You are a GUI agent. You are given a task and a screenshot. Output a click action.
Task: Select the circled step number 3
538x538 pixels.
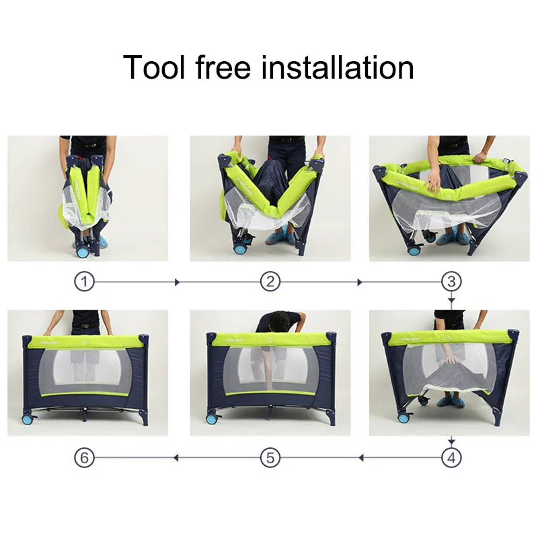[451, 282]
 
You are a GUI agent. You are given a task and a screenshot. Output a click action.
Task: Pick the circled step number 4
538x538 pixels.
[451, 459]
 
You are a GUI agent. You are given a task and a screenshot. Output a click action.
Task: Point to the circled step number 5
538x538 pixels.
[270, 459]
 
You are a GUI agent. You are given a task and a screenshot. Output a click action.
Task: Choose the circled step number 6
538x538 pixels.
[84, 459]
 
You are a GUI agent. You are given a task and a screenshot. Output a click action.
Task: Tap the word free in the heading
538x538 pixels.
[223, 68]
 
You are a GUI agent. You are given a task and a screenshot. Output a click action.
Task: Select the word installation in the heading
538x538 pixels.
[339, 68]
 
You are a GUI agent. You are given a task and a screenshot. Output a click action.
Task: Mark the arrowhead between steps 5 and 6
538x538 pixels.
[176, 459]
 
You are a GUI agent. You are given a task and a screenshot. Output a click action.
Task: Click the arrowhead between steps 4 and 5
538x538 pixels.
[360, 459]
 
